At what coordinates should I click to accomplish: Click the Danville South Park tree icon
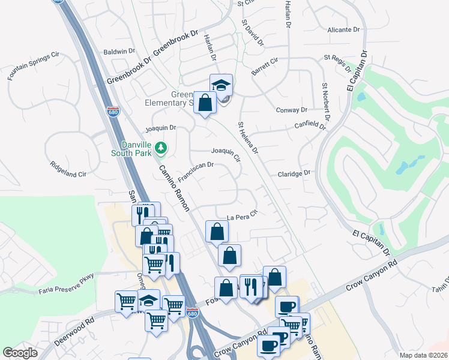point(160,147)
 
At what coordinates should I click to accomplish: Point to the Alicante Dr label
point(343,29)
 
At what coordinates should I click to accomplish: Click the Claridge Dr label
point(294,173)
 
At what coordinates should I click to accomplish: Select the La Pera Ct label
point(242,215)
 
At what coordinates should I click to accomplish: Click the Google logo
point(20,353)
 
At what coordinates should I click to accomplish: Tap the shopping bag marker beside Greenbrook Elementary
point(205,102)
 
